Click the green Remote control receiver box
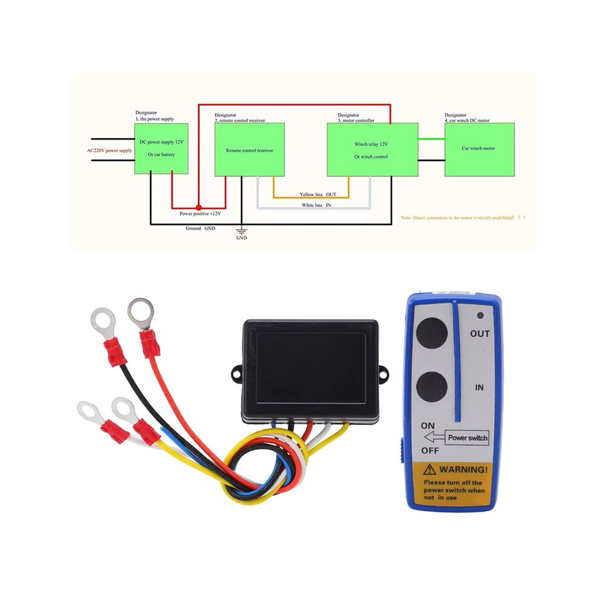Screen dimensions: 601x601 [x=249, y=149]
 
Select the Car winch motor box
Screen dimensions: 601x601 [x=479, y=149]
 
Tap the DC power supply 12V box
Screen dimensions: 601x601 [x=161, y=149]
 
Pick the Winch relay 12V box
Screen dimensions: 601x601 [x=372, y=149]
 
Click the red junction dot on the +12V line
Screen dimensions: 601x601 [x=199, y=208]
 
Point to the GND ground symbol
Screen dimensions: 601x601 [x=242, y=231]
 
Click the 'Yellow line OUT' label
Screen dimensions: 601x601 [x=317, y=194]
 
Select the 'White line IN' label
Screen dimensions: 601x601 [x=316, y=205]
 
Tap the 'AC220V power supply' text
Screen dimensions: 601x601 [x=109, y=151]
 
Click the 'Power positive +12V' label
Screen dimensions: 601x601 [x=200, y=214]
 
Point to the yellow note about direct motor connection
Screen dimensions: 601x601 [x=463, y=217]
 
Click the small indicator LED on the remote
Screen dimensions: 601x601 [x=480, y=316]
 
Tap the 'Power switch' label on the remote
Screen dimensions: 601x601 [x=467, y=438]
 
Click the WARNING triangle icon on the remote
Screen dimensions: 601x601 [x=430, y=469]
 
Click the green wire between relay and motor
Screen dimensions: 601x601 [x=431, y=139]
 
